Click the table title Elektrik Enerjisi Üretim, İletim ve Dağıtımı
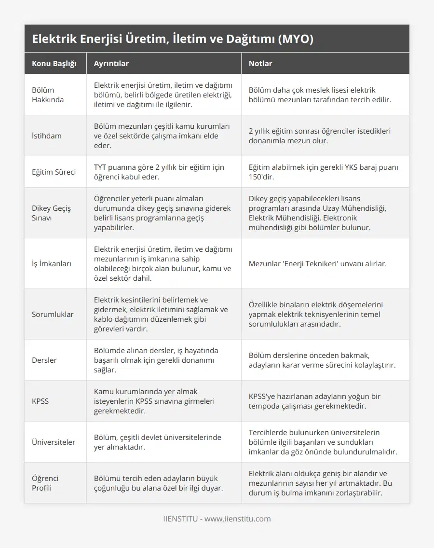pos(173,39)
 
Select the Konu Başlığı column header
pos(54,64)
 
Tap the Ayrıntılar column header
pos(111,64)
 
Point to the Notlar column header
pos(260,64)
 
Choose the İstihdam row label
pos(47,136)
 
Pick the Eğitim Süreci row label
pos(54,172)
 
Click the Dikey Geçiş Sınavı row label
pos(52,213)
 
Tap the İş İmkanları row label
pos(52,263)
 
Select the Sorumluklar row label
pos(53,314)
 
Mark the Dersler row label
pos(44,360)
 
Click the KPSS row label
pos(41,401)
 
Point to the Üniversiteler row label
pos(54,442)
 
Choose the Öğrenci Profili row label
pos(45,483)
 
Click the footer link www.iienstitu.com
pos(237,519)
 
